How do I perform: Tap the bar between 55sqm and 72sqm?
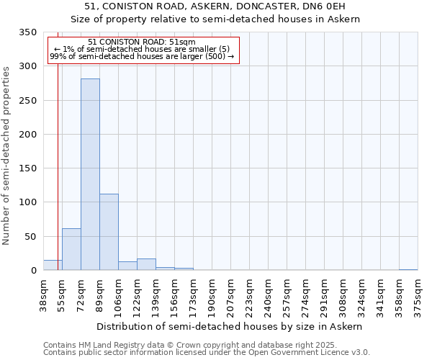click(x=71, y=249)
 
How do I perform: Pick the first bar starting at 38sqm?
click(x=53, y=265)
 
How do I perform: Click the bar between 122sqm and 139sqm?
click(x=146, y=264)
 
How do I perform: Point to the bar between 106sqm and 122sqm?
click(x=127, y=266)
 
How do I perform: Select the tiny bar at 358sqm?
click(x=408, y=269)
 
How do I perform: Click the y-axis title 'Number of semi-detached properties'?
click(x=6, y=155)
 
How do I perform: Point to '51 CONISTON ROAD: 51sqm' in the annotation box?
click(x=142, y=42)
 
